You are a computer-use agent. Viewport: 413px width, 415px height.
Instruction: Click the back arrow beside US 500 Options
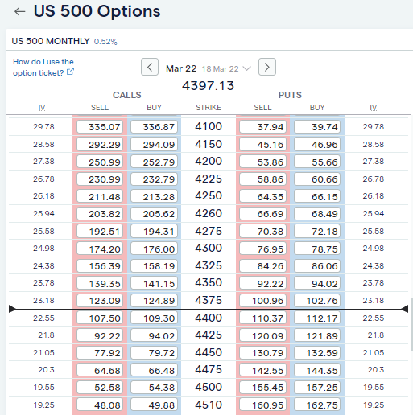[19, 12]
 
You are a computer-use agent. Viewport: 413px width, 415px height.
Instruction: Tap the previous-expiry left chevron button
[150, 68]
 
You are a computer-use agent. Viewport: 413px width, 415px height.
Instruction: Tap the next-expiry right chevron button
[267, 68]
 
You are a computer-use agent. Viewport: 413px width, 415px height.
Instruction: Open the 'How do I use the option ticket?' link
[43, 67]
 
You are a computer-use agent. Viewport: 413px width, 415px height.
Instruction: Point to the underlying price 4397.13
[208, 85]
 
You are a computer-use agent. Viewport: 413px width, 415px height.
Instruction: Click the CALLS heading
[126, 95]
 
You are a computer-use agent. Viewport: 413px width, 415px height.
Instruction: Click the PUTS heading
[290, 95]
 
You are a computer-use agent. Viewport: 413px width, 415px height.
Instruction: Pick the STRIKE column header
[208, 107]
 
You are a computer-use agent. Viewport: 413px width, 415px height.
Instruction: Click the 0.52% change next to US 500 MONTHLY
[105, 41]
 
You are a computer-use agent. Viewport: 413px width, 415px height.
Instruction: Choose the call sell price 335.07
[99, 126]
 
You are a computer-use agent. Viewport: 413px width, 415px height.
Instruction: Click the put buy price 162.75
[317, 405]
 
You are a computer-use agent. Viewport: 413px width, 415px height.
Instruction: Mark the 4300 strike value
[208, 249]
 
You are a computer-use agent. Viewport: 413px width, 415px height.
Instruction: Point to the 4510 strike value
[208, 405]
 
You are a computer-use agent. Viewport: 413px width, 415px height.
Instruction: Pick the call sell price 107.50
[99, 318]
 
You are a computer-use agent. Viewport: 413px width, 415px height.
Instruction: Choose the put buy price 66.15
[317, 196]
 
